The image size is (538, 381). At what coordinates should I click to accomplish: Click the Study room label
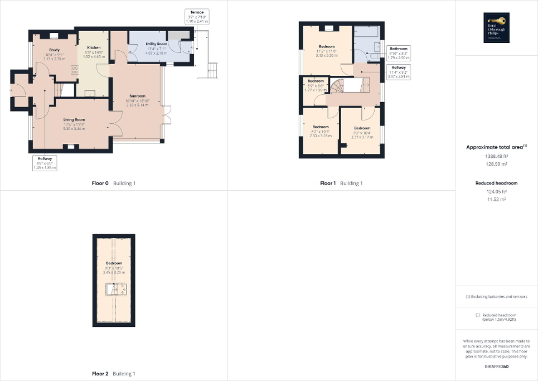(x=54, y=50)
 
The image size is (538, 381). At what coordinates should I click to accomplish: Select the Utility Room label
(x=157, y=44)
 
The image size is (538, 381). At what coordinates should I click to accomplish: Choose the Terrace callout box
(x=196, y=16)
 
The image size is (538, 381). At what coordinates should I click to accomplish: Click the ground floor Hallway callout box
(x=45, y=163)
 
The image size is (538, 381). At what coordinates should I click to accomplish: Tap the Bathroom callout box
(x=399, y=52)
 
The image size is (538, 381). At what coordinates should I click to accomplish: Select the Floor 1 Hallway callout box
(x=398, y=72)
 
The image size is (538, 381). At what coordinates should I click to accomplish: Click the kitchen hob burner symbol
(x=74, y=70)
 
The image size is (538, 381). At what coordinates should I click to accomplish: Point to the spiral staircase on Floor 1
(x=338, y=86)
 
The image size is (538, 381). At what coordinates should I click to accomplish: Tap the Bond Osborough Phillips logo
(x=496, y=28)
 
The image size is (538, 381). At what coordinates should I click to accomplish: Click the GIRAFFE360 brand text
(x=497, y=366)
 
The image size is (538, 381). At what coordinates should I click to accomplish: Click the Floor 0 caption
(x=113, y=183)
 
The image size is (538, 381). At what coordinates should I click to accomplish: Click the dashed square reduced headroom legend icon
(x=477, y=315)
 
